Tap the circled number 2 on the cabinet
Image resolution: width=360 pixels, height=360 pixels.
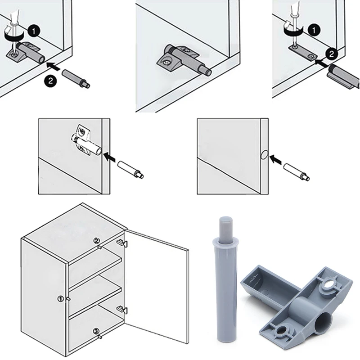click(x=96, y=241)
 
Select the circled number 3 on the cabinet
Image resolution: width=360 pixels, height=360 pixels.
click(x=96, y=332)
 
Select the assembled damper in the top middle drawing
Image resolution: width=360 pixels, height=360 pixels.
click(x=183, y=61)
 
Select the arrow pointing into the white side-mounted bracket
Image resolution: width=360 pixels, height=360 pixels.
click(x=109, y=157)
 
